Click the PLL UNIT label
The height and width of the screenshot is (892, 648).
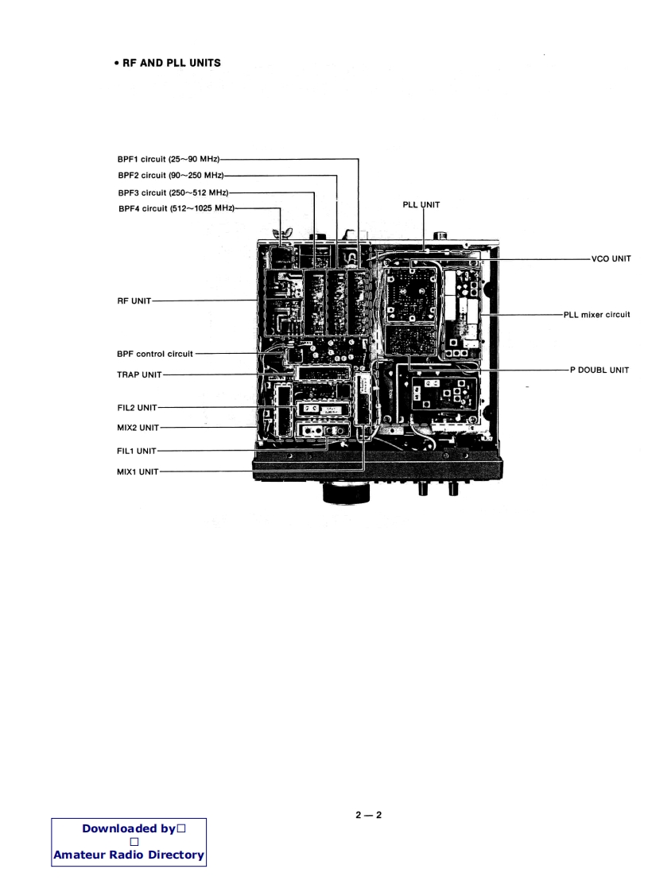[x=422, y=205]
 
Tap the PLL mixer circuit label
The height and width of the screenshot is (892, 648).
[x=596, y=315]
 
